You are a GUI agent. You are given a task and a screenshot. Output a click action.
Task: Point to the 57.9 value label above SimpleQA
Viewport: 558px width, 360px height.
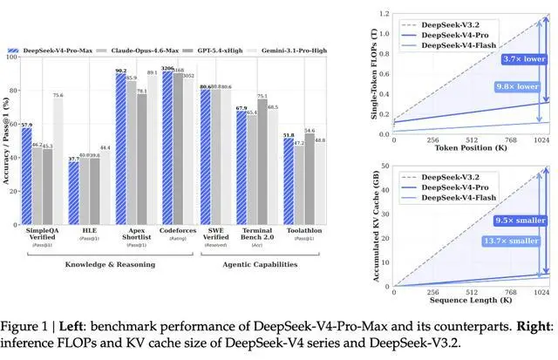27,126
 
